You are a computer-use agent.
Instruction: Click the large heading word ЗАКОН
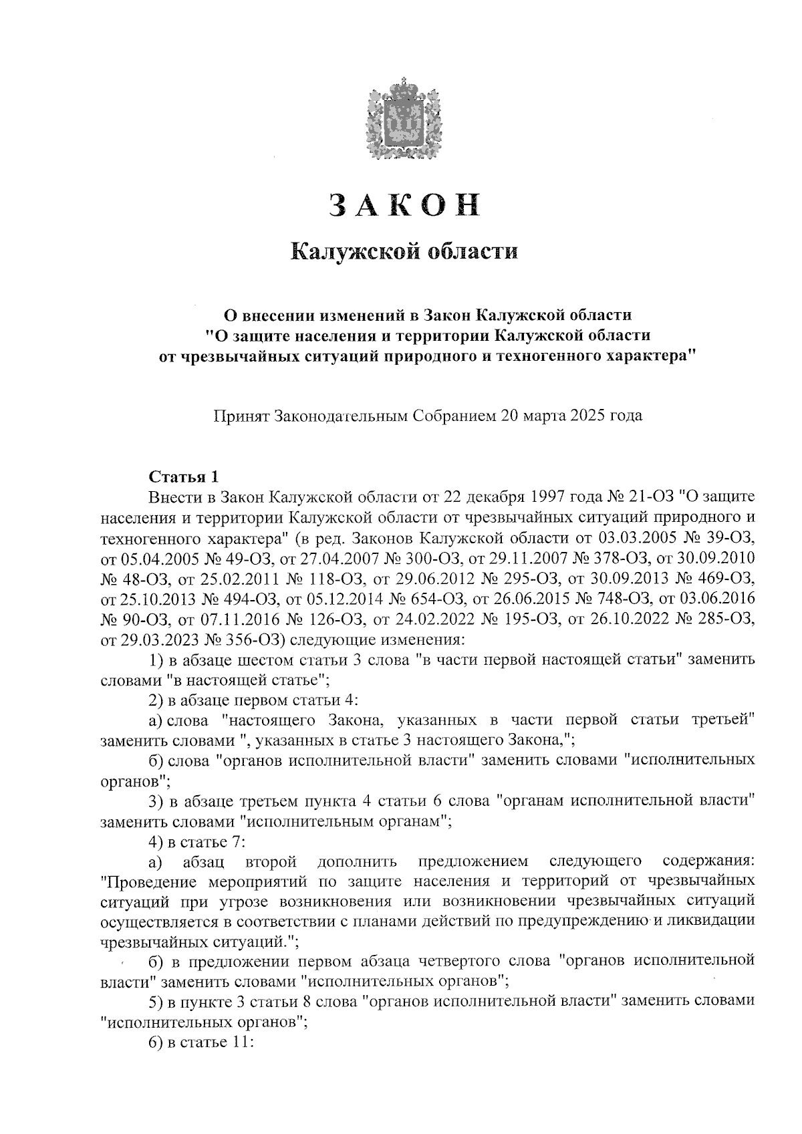coord(404,205)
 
